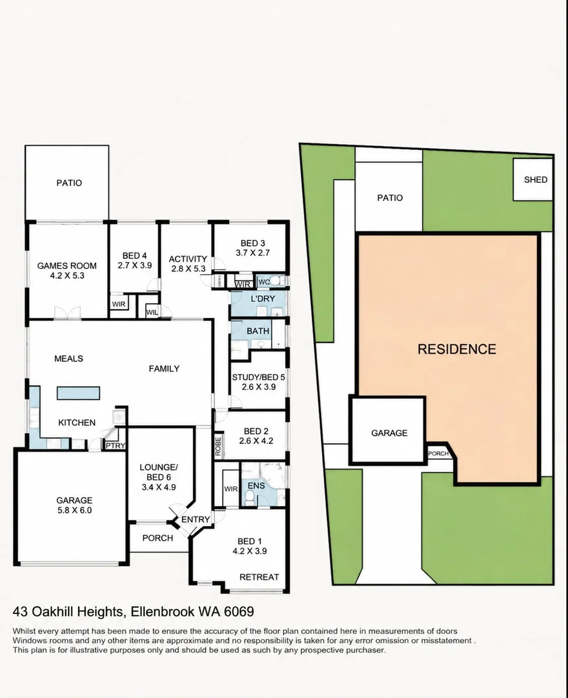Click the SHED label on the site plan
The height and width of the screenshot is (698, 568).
(x=536, y=180)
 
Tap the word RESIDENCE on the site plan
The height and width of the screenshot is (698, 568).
(x=457, y=349)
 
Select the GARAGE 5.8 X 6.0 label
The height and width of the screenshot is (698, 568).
(x=74, y=505)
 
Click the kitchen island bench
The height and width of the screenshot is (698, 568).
(x=78, y=393)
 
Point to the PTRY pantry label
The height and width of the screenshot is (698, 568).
(x=115, y=445)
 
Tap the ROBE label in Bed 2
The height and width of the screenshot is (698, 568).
(x=218, y=446)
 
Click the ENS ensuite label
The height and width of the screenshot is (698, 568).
(x=256, y=485)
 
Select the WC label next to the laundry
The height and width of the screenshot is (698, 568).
(x=264, y=282)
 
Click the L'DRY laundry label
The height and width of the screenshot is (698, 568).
(x=263, y=299)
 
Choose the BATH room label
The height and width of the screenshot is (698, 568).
(x=258, y=331)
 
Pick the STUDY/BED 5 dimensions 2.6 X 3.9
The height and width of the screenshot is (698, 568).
(x=259, y=387)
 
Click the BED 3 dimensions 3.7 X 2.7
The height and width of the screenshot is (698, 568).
(x=252, y=253)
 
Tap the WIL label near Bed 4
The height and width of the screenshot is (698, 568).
(x=152, y=313)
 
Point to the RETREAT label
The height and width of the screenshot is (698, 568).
(x=259, y=577)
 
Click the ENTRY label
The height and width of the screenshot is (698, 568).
(x=196, y=520)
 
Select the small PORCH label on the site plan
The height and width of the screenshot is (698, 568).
(x=438, y=454)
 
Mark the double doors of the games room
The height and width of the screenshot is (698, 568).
(x=68, y=313)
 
